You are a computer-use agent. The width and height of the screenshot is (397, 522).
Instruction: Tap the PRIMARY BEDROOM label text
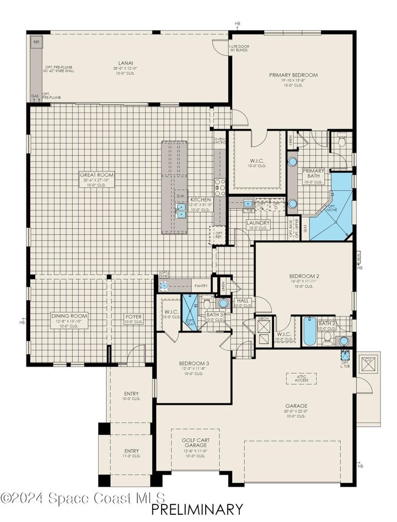coord(293,74)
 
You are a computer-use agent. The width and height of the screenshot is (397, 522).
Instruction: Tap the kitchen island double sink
coord(181,210)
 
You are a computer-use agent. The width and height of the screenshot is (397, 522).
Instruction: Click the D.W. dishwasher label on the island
coord(180,196)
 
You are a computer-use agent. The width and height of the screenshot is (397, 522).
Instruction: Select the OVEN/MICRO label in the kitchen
coord(219,141)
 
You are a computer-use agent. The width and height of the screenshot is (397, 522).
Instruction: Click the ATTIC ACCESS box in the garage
coord(301,378)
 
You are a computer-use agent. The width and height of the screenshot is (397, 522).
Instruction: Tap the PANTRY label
coord(200,286)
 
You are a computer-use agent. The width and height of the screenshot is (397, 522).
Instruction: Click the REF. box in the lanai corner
coord(36,42)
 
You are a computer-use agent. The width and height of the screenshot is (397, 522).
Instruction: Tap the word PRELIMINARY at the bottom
coord(196,509)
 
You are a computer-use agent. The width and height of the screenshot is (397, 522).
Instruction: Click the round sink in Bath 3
coord(223,303)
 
